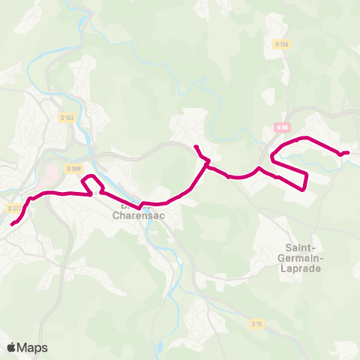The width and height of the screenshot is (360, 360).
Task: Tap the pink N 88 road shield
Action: click(x=282, y=127)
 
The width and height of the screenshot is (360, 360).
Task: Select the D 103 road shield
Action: click(x=67, y=117)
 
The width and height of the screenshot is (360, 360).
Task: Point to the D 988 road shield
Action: click(x=72, y=169)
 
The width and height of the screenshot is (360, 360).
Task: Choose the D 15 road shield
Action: click(x=256, y=324)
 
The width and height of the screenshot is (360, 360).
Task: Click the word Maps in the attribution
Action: click(x=33, y=347)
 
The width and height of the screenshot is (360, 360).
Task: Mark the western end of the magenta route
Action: click(x=12, y=223)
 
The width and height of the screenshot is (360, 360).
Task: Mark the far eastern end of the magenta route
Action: click(x=348, y=153)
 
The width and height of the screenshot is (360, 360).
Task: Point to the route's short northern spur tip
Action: click(x=195, y=146)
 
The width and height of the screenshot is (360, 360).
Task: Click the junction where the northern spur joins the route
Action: click(x=207, y=162)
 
